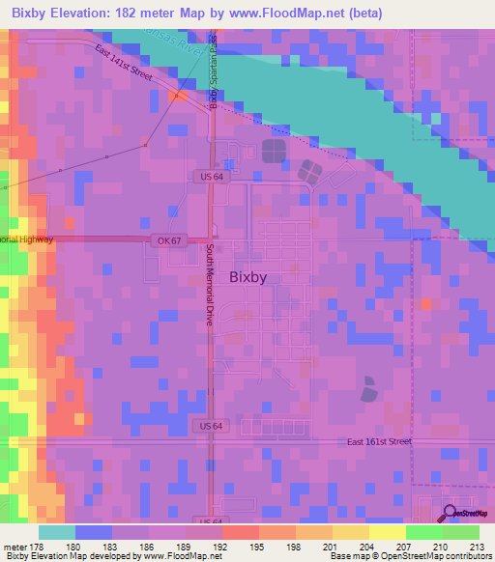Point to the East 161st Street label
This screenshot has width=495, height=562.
click(380, 442)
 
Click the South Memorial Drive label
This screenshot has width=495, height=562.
click(208, 284)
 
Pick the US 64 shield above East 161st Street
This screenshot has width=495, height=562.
click(212, 426)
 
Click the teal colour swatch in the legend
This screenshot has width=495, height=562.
click(57, 532)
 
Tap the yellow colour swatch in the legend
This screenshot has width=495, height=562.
click(387, 532)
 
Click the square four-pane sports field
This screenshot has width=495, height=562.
click(274, 151)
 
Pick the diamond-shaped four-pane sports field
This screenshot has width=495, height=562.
click(310, 173)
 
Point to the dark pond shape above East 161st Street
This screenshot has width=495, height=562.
click(369, 390)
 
